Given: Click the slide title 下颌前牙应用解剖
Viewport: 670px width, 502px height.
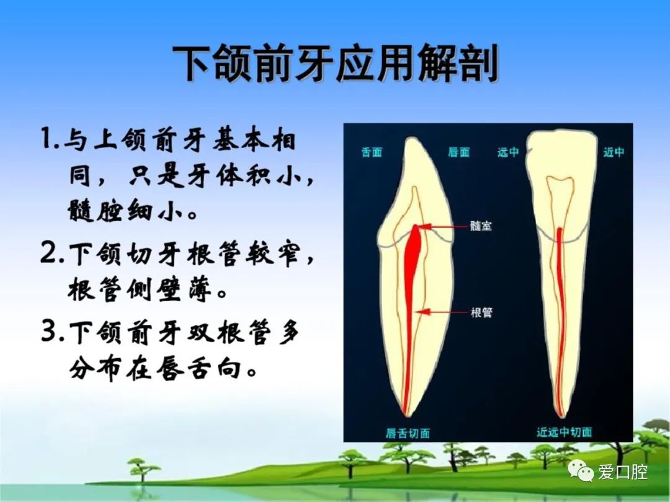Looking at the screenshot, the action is pos(336,64).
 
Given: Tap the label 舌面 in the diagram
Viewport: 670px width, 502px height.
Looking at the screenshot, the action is pos(372,152).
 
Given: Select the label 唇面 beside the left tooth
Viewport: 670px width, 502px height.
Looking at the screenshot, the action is pos(459,152).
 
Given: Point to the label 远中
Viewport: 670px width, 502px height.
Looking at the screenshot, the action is pos(508,152).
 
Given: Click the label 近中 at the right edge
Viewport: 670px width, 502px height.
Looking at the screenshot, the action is pos(614,152).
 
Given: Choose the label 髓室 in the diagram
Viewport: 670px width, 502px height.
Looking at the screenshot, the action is pos(481,226).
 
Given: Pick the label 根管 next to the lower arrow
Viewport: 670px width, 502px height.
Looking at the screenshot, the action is pos(481,312).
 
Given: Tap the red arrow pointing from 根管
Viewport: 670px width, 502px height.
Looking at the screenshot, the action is pos(443,312).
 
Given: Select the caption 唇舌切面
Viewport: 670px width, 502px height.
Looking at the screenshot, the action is pos(408,433).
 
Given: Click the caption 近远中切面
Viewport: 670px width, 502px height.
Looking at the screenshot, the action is pos(565,433).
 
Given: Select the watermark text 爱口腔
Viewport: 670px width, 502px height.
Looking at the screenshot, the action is pos(623,472).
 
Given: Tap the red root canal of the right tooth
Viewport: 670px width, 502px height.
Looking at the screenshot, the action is pos(560,320).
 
